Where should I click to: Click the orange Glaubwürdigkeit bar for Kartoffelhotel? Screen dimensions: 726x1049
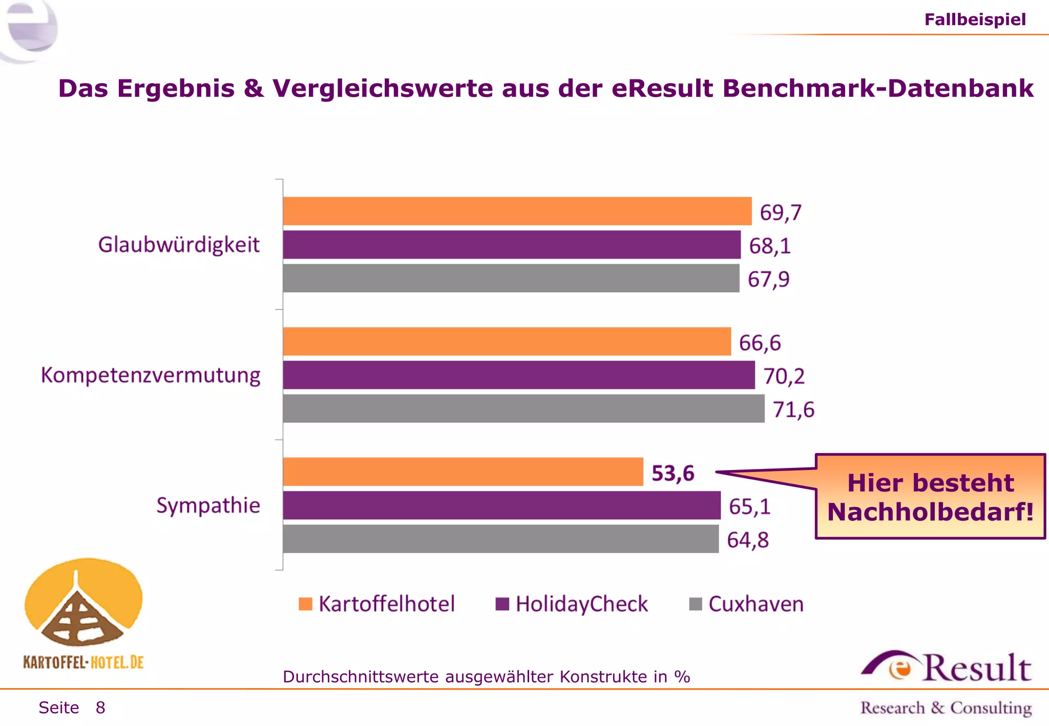517,211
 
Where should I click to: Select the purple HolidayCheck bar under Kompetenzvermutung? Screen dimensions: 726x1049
518,375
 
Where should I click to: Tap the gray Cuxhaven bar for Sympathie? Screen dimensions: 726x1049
500,539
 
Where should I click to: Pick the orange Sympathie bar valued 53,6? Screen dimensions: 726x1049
463,472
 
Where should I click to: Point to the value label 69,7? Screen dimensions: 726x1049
780,212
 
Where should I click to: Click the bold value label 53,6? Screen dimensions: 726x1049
673,473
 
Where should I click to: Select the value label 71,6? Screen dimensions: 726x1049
793,410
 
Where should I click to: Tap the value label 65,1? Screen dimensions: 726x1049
749,506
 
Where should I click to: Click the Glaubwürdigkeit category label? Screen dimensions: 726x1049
179,245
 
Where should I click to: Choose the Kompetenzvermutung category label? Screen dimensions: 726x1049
151,375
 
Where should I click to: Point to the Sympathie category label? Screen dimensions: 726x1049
208,505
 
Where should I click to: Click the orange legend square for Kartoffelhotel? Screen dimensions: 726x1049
305,604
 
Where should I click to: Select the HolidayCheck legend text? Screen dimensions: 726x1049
581,604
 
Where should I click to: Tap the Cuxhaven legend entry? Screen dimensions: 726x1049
756,604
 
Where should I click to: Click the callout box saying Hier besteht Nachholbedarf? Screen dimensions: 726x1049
930,497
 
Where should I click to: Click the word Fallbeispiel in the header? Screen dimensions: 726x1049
975,19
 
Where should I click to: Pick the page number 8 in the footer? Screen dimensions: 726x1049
100,708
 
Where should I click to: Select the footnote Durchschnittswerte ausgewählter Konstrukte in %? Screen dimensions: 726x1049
486,677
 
